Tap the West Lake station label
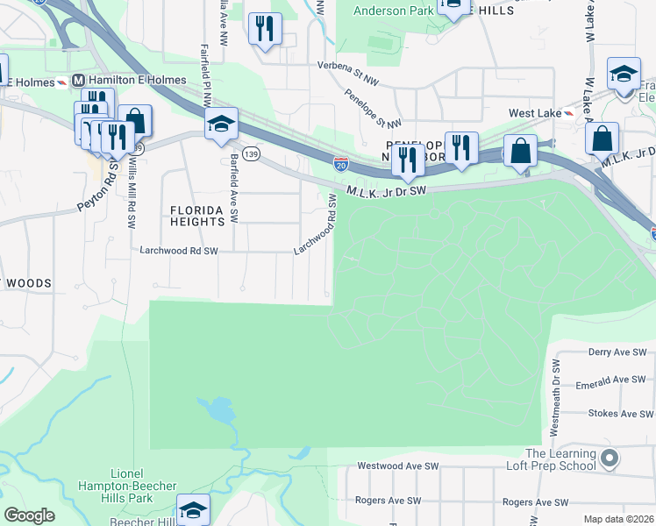pyautogui.click(x=535, y=113)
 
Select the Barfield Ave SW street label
pyautogui.click(x=234, y=188)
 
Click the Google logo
pyautogui.click(x=30, y=515)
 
